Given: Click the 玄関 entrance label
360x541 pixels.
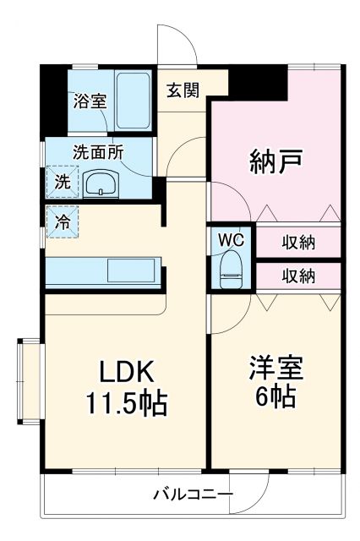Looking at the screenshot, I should pos(182,90).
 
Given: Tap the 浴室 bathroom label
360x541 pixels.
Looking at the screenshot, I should pos(89,101).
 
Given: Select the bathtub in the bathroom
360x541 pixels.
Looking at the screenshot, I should pos(132,99).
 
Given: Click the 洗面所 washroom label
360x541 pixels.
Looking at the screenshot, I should pos(98,154).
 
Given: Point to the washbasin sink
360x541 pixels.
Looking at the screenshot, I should pos(101,183).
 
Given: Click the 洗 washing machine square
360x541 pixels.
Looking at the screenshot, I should pos(63,181).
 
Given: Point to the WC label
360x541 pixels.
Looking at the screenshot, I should pos(230,239).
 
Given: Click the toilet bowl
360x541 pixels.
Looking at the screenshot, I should pos(230,269).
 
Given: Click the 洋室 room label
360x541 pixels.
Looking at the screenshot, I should pos(275,369).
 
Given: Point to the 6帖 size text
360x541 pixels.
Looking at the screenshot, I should pos(275,397).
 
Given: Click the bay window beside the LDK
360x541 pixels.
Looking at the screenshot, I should pos(30,380).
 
